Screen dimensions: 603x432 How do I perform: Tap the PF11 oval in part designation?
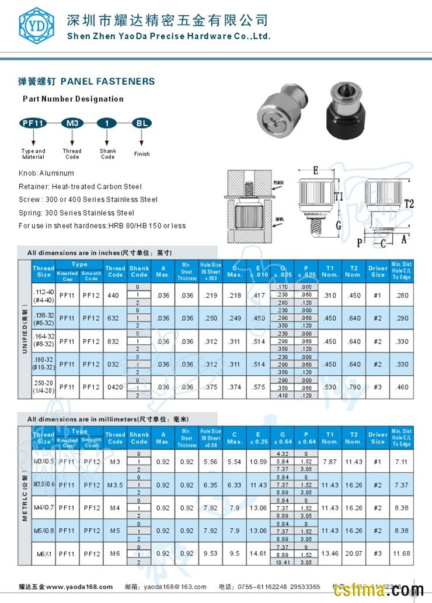point(33,123)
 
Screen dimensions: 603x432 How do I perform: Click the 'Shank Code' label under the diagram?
point(108,154)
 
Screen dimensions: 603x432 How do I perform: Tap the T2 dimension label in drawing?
point(408,203)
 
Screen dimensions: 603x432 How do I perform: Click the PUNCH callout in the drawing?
point(278,183)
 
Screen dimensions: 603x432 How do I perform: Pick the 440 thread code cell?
point(113,296)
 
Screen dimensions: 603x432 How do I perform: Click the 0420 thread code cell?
point(113,387)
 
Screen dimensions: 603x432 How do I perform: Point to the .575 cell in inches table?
point(258,387)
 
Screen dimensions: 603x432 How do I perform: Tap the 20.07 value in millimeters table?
point(354,553)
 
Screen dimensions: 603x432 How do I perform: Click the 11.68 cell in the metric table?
point(402,553)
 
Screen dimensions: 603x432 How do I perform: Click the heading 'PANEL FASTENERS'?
point(108,81)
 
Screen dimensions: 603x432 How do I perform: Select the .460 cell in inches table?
point(402,387)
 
